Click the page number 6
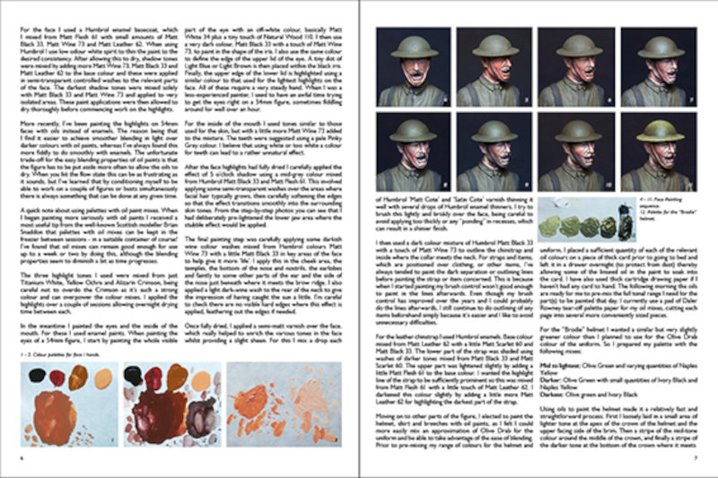(19, 456)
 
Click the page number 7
(696, 456)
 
